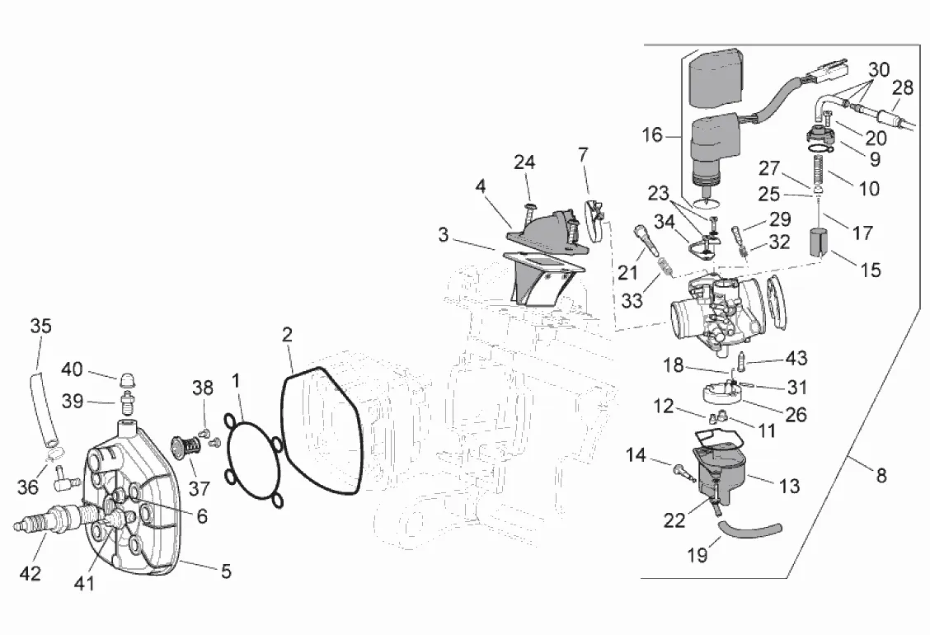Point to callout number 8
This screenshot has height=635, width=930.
(881, 476)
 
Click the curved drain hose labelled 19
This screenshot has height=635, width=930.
(746, 528)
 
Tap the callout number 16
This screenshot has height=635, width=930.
(652, 134)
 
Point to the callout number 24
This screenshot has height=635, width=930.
(524, 162)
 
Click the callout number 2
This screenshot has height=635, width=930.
(287, 335)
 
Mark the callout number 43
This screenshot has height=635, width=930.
(796, 359)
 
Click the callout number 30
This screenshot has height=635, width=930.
(879, 70)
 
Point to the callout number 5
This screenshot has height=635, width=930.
(225, 570)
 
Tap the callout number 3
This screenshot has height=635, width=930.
(444, 235)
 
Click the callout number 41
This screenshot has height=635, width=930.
(85, 584)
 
